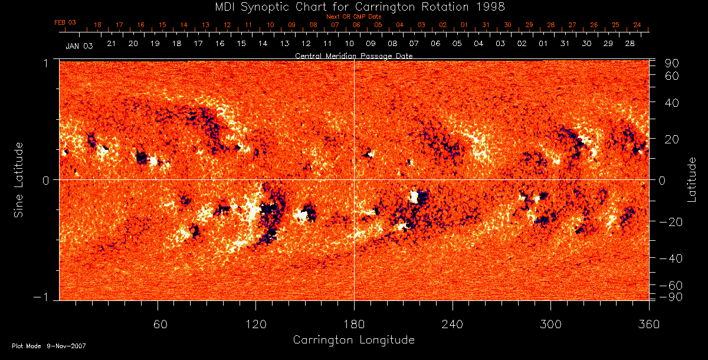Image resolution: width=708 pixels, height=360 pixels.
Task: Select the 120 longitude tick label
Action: tap(255, 325)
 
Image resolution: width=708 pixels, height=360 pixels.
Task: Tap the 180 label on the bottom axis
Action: tap(354, 325)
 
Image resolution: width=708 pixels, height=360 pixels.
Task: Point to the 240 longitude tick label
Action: tap(453, 325)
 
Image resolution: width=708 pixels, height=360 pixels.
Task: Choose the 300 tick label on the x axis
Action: tap(550, 325)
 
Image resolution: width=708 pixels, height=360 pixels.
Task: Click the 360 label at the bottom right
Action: tap(649, 325)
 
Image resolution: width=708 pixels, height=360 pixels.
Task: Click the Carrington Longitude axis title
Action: tap(353, 340)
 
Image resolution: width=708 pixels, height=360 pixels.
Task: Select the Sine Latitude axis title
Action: tap(19, 179)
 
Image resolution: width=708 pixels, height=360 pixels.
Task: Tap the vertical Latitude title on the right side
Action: tap(692, 179)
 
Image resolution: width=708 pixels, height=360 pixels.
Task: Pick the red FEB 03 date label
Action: tap(65, 22)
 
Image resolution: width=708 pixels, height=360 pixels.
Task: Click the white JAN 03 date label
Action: tap(79, 45)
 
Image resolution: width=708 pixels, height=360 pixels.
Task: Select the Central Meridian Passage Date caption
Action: tap(353, 55)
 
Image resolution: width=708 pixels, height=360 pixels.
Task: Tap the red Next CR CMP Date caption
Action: tap(354, 17)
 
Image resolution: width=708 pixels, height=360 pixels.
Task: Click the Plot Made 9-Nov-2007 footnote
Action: tap(49, 346)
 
